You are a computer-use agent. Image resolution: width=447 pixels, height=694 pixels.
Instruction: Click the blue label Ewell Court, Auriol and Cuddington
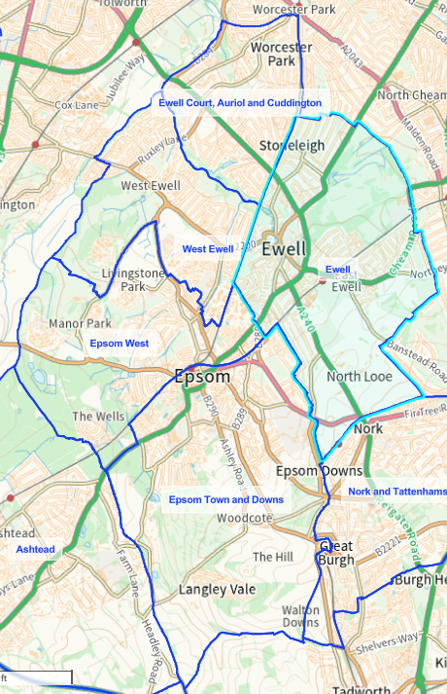[239, 102]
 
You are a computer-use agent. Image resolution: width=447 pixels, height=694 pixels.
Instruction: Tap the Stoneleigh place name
[290, 146]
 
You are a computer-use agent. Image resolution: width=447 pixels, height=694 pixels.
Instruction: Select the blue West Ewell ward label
[208, 249]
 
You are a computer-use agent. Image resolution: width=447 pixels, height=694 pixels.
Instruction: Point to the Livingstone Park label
[135, 280]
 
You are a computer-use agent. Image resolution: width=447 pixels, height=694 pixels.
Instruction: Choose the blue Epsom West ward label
[120, 344]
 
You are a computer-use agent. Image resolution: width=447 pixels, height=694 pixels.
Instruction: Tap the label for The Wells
[97, 416]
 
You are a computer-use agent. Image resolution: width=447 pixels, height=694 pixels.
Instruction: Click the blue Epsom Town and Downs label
[226, 499]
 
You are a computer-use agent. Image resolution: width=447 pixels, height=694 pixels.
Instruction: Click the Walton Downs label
[300, 615]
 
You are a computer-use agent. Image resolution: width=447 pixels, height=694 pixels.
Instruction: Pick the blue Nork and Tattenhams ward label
[396, 492]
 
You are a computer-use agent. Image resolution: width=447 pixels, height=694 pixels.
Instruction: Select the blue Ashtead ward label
[36, 550]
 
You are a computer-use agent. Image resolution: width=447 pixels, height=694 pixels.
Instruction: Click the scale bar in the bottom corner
[36, 677]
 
